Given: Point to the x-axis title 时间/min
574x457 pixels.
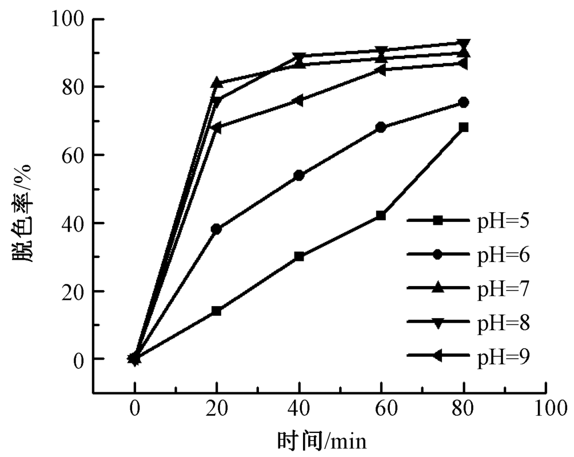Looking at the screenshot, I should tap(321, 442).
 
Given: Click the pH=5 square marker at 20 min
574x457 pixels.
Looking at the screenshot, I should tap(216, 311).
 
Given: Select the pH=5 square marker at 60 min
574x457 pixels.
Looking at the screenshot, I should tap(381, 216).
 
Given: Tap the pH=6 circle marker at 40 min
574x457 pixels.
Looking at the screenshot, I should tap(298, 175).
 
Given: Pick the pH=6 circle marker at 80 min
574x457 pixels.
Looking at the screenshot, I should tap(463, 103).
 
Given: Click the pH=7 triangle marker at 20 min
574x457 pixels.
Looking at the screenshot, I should tap(216, 83).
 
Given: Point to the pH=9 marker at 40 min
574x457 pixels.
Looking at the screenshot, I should tap(298, 100).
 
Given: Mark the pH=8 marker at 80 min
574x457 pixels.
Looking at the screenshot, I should tap(463, 44).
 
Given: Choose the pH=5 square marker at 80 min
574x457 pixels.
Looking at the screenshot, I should tap(463, 127).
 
